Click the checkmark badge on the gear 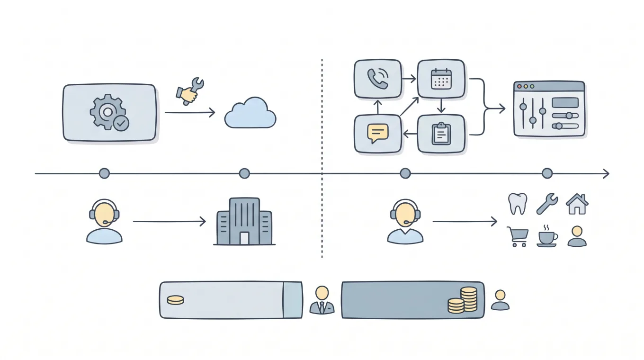(121, 123)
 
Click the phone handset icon (377, 79)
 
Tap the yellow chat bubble (377, 134)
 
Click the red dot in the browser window (519, 87)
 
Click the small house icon (577, 204)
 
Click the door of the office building (244, 238)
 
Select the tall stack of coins (469, 299)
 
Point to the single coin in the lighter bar (175, 300)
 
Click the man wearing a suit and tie (322, 300)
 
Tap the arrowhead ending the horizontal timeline (606, 174)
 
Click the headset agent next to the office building (104, 221)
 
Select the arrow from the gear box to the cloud (189, 113)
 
